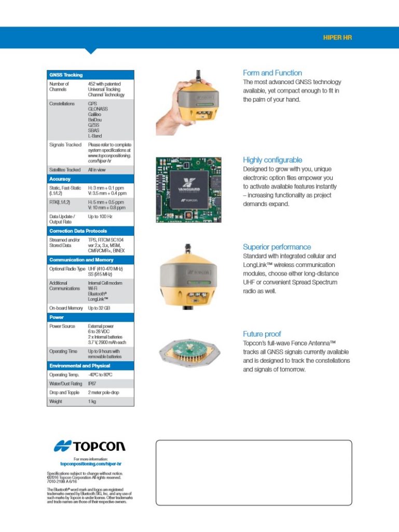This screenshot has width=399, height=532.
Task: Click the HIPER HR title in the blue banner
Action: point(337,38)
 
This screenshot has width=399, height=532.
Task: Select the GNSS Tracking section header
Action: point(66,75)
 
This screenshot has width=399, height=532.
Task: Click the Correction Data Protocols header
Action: point(78,231)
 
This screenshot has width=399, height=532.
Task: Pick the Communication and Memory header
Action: point(81,259)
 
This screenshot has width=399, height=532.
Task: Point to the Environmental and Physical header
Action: point(79,366)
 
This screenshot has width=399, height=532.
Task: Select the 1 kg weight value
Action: point(92,401)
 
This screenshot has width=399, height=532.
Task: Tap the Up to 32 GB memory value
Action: point(99,308)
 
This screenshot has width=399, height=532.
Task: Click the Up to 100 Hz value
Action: point(100,216)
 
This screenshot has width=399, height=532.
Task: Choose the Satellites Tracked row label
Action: point(65,170)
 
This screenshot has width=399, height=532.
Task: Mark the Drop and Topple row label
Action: point(64,392)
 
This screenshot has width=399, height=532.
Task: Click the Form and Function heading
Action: point(272,73)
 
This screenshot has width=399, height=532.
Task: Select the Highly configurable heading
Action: point(272,160)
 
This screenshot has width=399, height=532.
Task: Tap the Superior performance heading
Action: point(277,247)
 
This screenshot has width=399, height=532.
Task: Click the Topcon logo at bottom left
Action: point(90,446)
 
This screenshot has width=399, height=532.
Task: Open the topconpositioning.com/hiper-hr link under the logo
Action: point(91,463)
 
